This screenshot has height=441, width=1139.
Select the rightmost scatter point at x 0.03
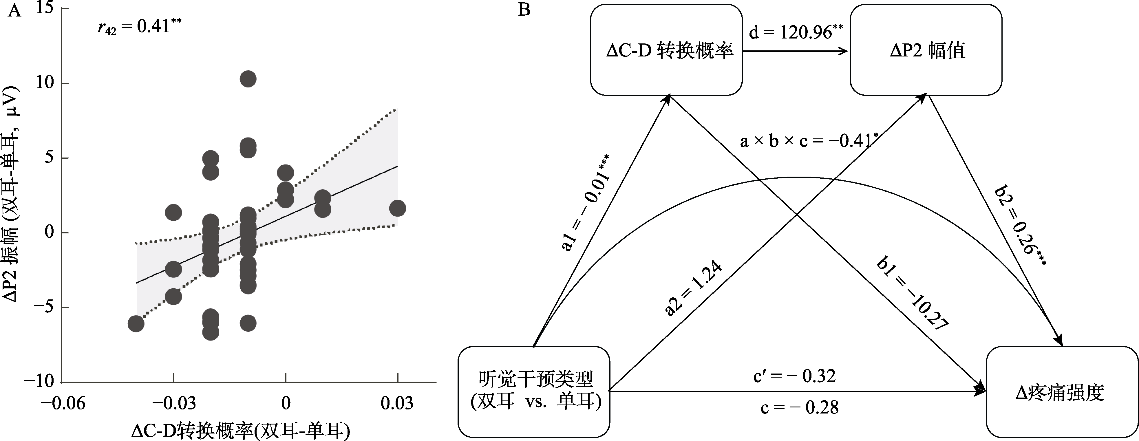(398, 208)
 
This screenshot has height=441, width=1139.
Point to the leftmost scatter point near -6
(136, 324)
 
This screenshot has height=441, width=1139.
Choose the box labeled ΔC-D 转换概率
(666, 50)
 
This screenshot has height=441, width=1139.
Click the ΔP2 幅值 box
(926, 50)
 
